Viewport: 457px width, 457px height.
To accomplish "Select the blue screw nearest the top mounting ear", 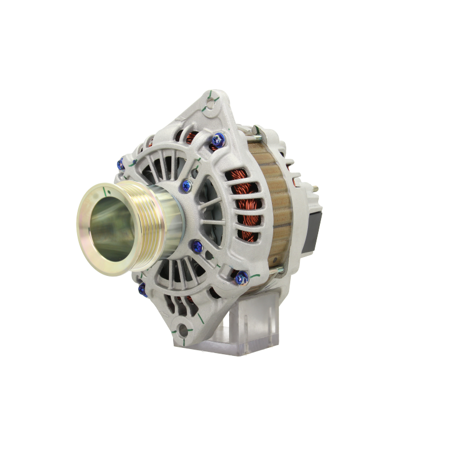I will coord(218,137).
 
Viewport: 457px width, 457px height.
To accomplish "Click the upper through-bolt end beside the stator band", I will coord(257,133).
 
